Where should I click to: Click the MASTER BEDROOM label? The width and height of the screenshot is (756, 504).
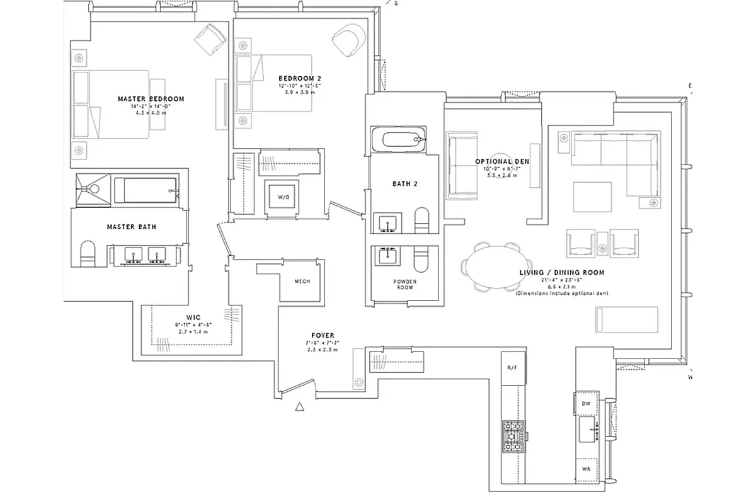(x=151, y=99)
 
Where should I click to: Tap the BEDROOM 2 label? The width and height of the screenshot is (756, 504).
(x=295, y=78)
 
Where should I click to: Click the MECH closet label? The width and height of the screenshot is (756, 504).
(x=302, y=282)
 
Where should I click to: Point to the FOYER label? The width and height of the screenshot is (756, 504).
(x=322, y=335)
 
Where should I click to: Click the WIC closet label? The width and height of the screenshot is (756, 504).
(x=193, y=317)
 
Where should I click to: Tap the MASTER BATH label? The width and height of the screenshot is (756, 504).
(x=131, y=227)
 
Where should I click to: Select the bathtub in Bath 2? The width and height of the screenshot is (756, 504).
(x=399, y=140)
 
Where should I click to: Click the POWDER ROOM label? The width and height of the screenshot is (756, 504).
(x=405, y=283)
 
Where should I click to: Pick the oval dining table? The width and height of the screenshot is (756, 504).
(x=495, y=265)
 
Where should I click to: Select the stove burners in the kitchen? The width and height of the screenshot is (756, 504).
(x=512, y=435)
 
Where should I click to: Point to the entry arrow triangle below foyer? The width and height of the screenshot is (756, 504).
(x=300, y=407)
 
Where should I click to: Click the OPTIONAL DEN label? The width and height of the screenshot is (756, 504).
(x=501, y=162)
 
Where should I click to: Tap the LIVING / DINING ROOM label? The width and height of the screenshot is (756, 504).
(x=561, y=273)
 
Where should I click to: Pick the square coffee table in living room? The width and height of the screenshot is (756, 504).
(x=592, y=197)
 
